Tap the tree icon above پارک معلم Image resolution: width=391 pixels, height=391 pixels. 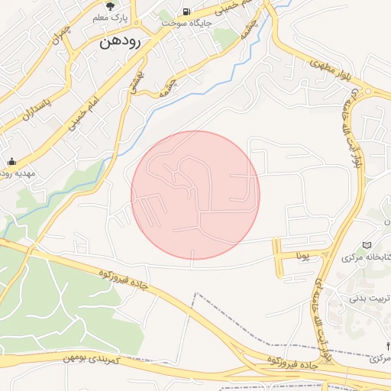pyautogui.click(x=110, y=5)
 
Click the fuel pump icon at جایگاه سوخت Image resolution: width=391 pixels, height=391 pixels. pyautogui.click(x=186, y=11)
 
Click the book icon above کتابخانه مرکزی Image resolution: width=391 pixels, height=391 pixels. pyautogui.click(x=367, y=245)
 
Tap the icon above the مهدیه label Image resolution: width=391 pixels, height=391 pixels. pyautogui.click(x=11, y=161)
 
